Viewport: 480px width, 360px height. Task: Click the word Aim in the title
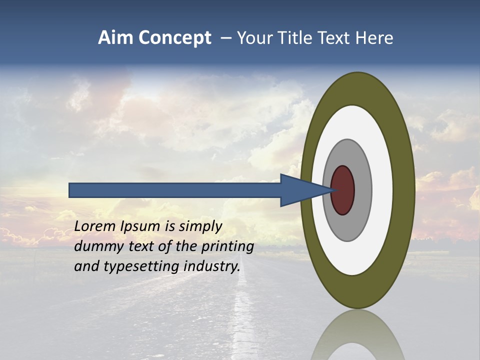(x=116, y=38)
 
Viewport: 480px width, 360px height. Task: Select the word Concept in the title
(x=175, y=38)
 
